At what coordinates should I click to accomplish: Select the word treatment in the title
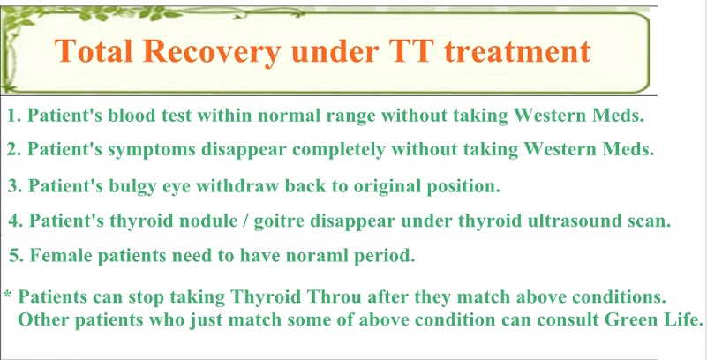point(517,51)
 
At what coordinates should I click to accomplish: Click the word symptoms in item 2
point(151,151)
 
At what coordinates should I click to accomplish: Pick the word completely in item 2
point(338,151)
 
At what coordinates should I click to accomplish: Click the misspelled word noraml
point(304,256)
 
